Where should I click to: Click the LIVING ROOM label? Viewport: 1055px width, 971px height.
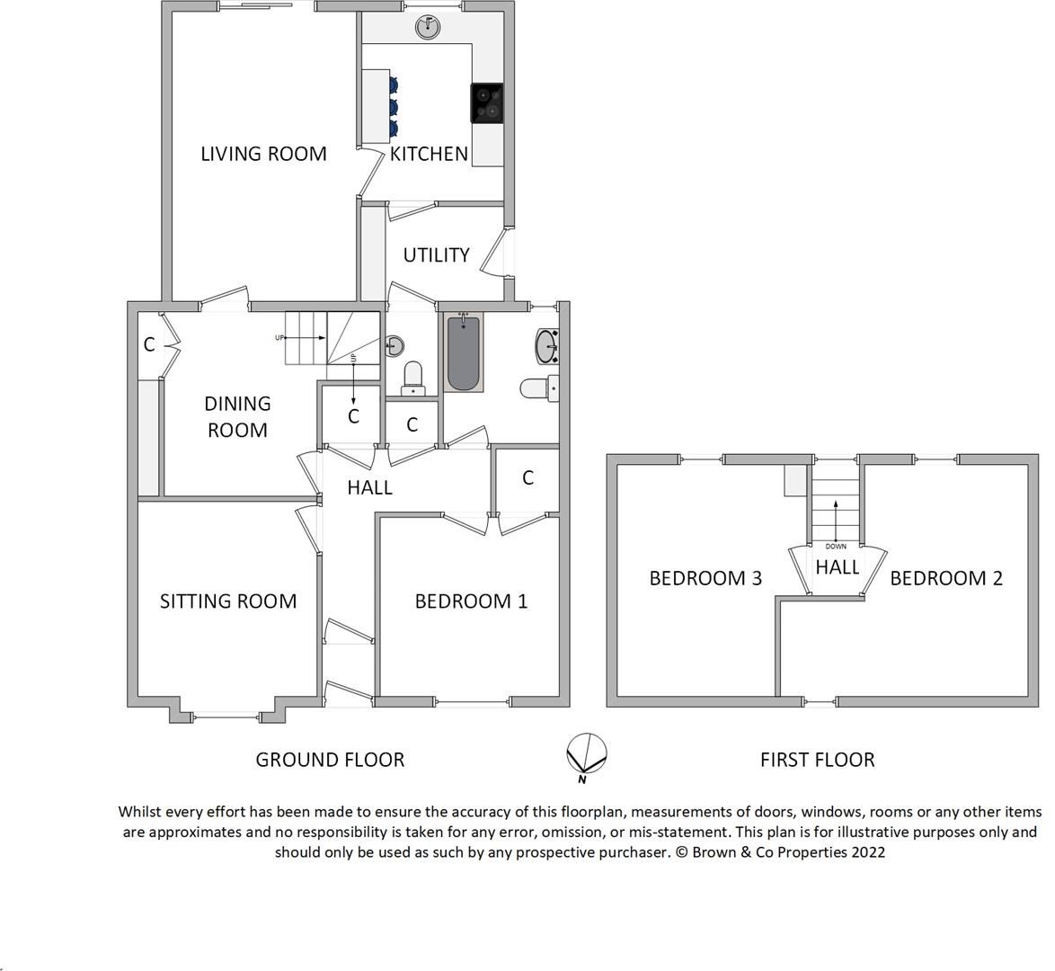point(263,154)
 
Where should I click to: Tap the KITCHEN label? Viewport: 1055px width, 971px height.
point(429,154)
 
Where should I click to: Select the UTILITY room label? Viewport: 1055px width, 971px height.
point(436,255)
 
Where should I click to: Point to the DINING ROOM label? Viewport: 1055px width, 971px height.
point(237,416)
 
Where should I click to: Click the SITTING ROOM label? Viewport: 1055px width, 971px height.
point(228,601)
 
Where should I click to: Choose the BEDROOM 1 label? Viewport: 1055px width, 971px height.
point(471,601)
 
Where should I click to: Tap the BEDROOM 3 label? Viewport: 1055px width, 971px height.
point(705,578)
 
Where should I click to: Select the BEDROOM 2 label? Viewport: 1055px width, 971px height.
point(946,578)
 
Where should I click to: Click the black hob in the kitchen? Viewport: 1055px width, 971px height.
point(487,102)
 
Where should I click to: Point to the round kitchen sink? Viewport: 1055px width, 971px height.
point(430,27)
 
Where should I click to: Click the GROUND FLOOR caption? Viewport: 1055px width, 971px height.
point(330,760)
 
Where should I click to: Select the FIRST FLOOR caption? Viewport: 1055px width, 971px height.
point(817,760)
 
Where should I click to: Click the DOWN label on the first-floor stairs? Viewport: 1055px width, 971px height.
point(836,546)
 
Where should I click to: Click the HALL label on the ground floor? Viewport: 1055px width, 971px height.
point(370,487)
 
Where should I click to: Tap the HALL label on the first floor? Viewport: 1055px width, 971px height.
point(837,567)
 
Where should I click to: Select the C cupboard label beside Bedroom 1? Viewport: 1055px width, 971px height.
point(528,477)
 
